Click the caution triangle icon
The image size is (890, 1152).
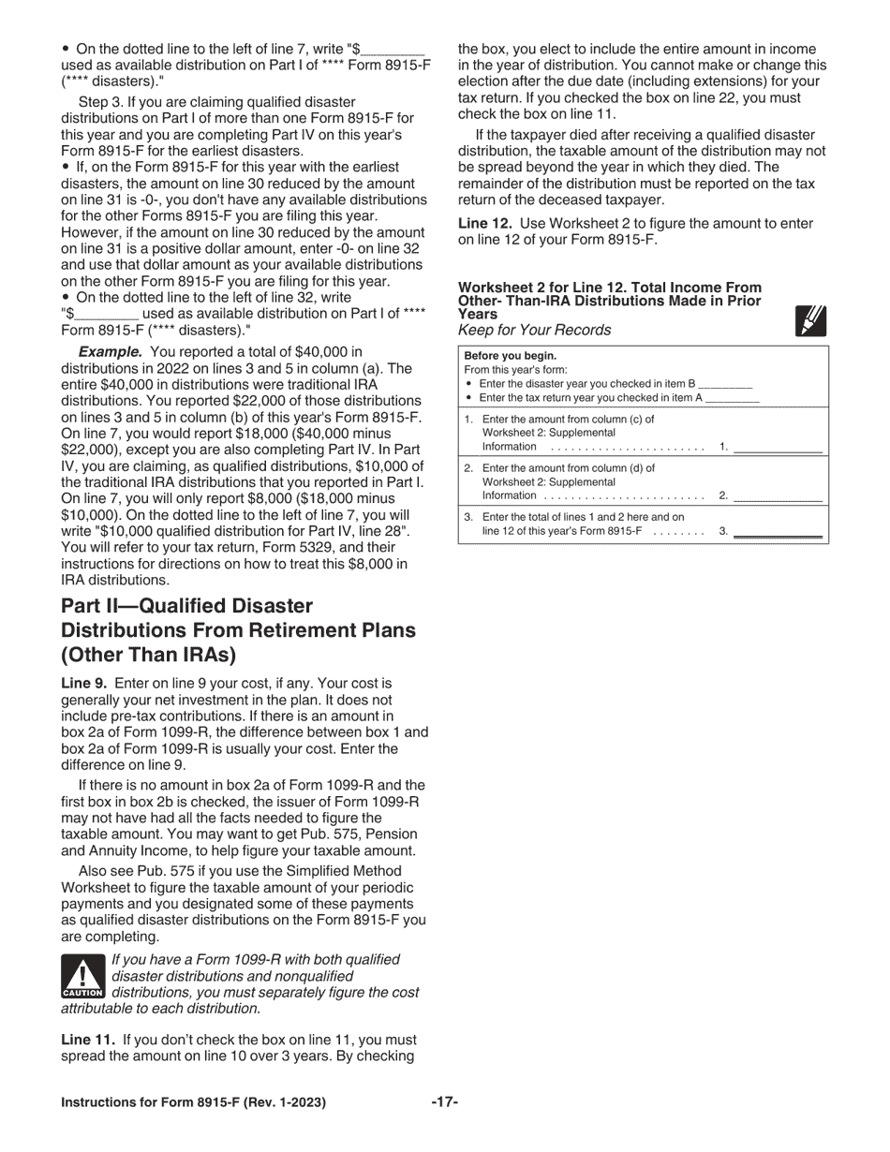point(82,977)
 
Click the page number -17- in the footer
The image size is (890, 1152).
point(444,1102)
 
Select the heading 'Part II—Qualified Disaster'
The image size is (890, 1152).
point(187,606)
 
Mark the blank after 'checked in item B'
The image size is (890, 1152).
point(725,384)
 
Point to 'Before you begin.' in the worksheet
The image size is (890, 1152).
point(510,356)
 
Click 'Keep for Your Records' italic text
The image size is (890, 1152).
point(534,330)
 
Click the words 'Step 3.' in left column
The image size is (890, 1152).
point(102,101)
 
